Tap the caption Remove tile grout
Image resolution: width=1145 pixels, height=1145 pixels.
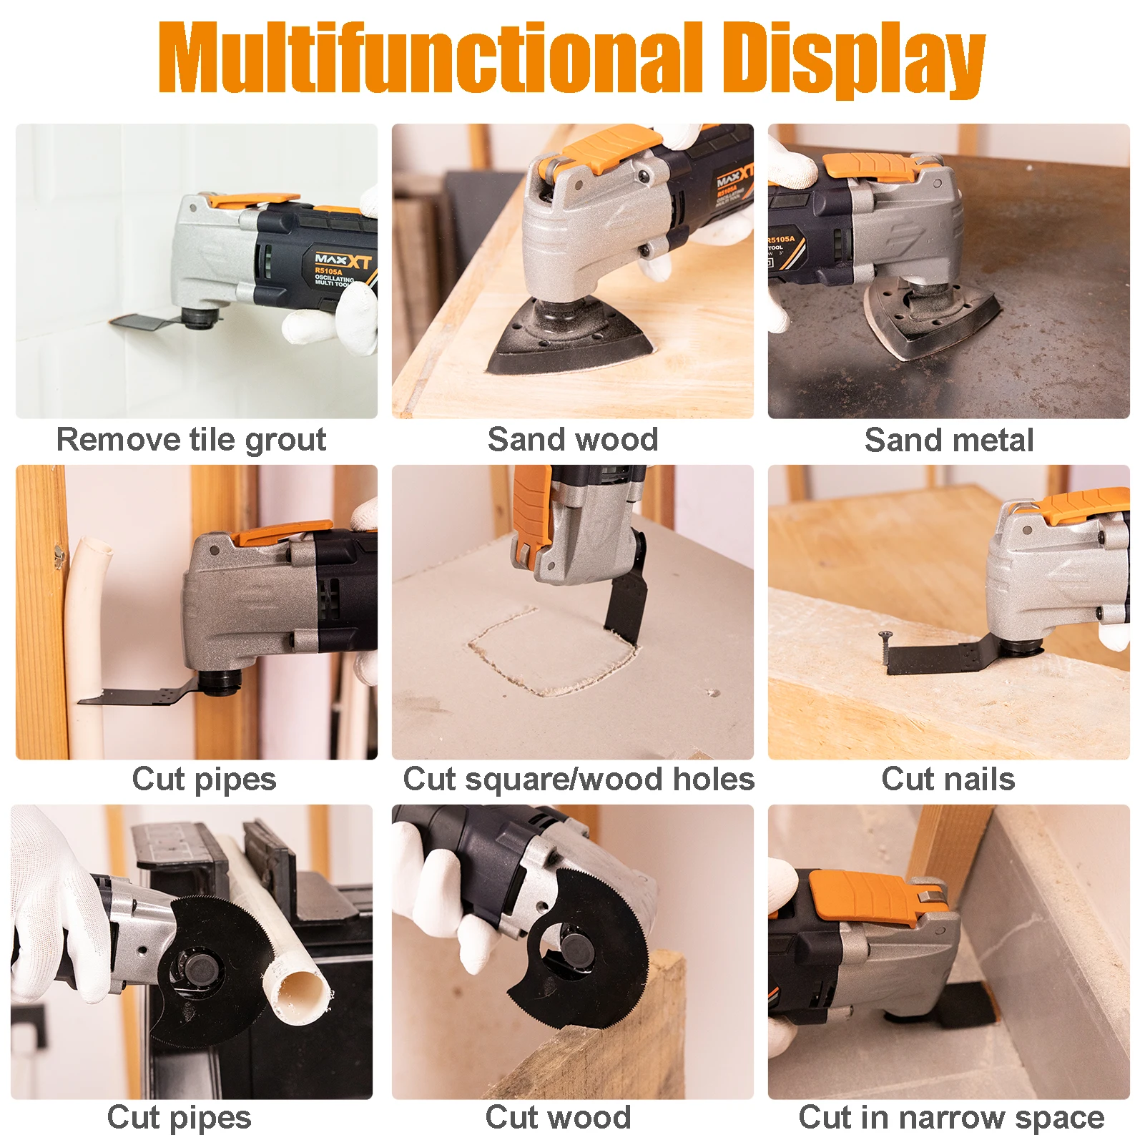pyautogui.click(x=191, y=439)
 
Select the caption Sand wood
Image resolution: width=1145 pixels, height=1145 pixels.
pyautogui.click(x=572, y=439)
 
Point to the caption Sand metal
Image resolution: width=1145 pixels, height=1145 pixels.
pyautogui.click(x=948, y=440)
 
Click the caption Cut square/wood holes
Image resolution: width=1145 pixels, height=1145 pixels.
pyautogui.click(x=578, y=779)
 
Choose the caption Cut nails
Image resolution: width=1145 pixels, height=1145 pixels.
pyautogui.click(x=948, y=779)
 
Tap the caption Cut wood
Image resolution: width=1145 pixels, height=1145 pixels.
pyautogui.click(x=558, y=1117)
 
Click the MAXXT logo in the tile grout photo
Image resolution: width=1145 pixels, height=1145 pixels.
pyautogui.click(x=343, y=260)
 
